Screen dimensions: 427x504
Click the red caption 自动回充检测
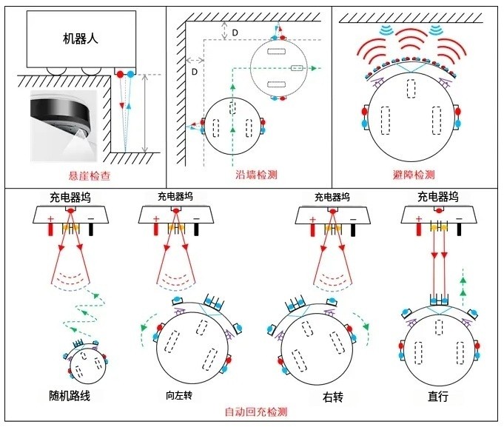tap(255, 412)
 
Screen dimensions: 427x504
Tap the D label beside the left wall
tap(194, 72)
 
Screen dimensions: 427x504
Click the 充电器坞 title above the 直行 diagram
tap(438, 198)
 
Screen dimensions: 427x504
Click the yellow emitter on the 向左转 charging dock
tap(175, 226)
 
